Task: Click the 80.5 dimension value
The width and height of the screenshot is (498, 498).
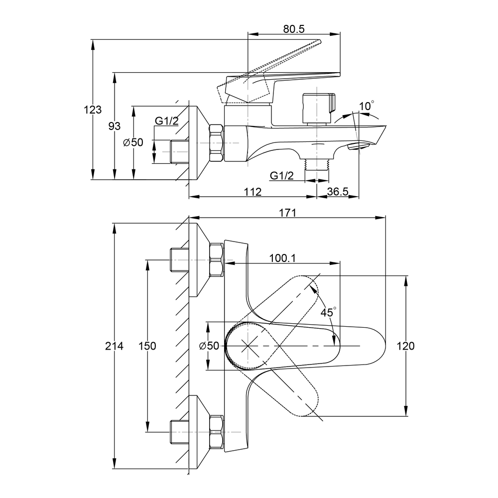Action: point(294,29)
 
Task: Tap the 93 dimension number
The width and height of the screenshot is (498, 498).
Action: point(115,126)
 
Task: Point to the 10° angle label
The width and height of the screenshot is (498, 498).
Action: point(367,106)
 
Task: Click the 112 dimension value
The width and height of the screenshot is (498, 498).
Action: point(253,192)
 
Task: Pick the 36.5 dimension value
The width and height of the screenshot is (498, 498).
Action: point(338,192)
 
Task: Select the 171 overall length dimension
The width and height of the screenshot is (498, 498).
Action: point(288,213)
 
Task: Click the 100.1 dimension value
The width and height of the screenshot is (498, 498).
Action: point(282,258)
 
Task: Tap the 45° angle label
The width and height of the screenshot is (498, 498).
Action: point(328,313)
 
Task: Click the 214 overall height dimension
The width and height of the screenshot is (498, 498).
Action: point(115,346)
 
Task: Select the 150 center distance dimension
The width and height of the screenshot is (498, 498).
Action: point(147,346)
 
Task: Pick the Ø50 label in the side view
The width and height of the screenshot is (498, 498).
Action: point(133,142)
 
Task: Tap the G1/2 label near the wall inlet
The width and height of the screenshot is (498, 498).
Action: point(166,121)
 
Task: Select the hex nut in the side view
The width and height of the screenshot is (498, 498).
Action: point(217,143)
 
